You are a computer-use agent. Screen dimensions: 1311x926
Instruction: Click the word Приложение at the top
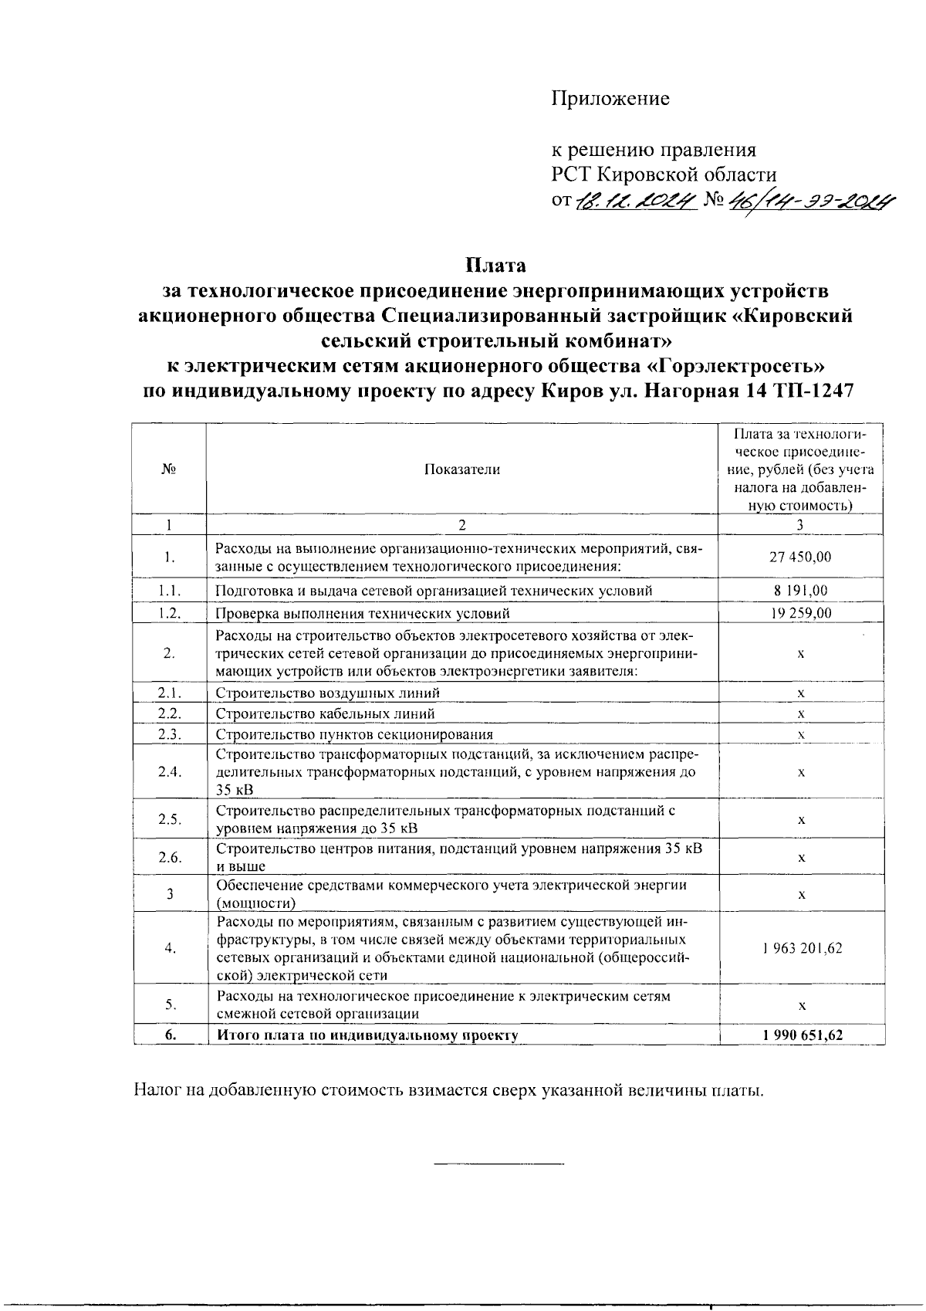pos(610,99)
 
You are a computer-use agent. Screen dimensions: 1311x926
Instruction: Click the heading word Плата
pos(495,266)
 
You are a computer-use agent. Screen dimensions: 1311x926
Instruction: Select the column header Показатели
pos(462,469)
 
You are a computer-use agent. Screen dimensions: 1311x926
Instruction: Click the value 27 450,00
pos(801,557)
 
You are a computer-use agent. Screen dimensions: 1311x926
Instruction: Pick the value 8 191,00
pos(801,591)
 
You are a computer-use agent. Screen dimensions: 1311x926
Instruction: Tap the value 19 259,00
pos(801,614)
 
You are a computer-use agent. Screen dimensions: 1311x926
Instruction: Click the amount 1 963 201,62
pos(801,948)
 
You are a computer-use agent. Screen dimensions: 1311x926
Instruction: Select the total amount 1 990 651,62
pos(801,1035)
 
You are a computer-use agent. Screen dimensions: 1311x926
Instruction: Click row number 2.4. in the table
pos(169,772)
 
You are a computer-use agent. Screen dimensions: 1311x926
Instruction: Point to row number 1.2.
pos(169,614)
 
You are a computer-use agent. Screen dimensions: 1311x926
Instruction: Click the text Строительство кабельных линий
pos(325,714)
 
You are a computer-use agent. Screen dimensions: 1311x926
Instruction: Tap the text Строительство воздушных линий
pos(327,693)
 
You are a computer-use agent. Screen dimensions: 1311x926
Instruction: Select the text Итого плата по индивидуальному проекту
pos(367,1035)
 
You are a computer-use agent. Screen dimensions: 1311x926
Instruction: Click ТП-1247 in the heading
pos(811,391)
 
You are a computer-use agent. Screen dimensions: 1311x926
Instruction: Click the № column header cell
pos(169,469)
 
